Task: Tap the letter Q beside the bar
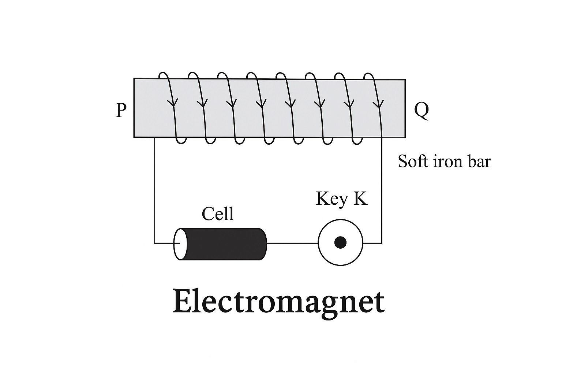pos(421,110)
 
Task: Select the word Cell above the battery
pos(218,214)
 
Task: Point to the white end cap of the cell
pos(180,244)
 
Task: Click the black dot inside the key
pos(341,242)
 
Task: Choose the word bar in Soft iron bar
pos(479,161)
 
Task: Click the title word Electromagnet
pos(278,301)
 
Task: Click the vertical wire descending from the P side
pos(154,190)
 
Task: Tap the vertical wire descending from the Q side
pos(382,190)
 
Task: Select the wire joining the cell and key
pos(292,243)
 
